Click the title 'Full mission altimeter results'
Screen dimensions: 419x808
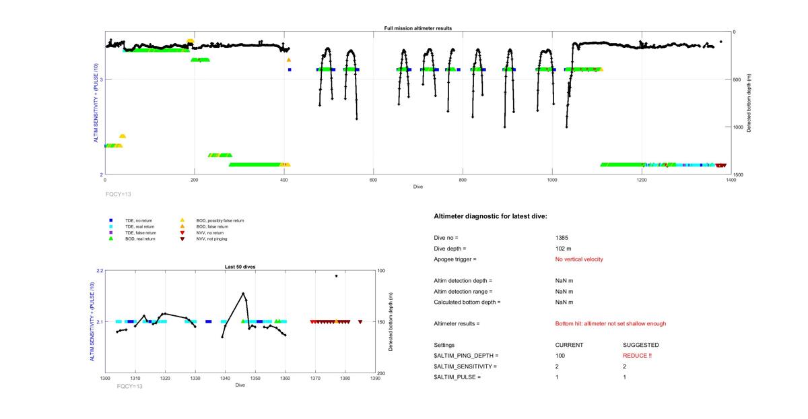click(x=417, y=28)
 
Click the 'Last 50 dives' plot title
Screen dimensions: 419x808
click(x=240, y=267)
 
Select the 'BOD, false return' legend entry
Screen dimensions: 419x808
click(x=207, y=226)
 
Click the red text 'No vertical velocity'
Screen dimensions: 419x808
click(x=579, y=259)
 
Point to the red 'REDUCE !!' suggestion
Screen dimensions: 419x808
click(x=637, y=356)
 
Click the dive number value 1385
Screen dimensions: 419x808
click(x=561, y=238)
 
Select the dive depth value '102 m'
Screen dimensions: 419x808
click(x=562, y=249)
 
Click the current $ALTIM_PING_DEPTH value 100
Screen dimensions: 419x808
click(x=560, y=356)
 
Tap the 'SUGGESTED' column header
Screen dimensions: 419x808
click(x=640, y=345)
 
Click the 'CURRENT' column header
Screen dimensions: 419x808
click(x=569, y=345)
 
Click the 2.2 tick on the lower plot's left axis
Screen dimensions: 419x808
click(x=100, y=271)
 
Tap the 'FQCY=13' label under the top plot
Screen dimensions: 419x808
click(x=119, y=194)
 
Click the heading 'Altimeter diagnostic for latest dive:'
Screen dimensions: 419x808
click(x=491, y=216)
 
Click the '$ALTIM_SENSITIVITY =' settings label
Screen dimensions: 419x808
click(x=465, y=366)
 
